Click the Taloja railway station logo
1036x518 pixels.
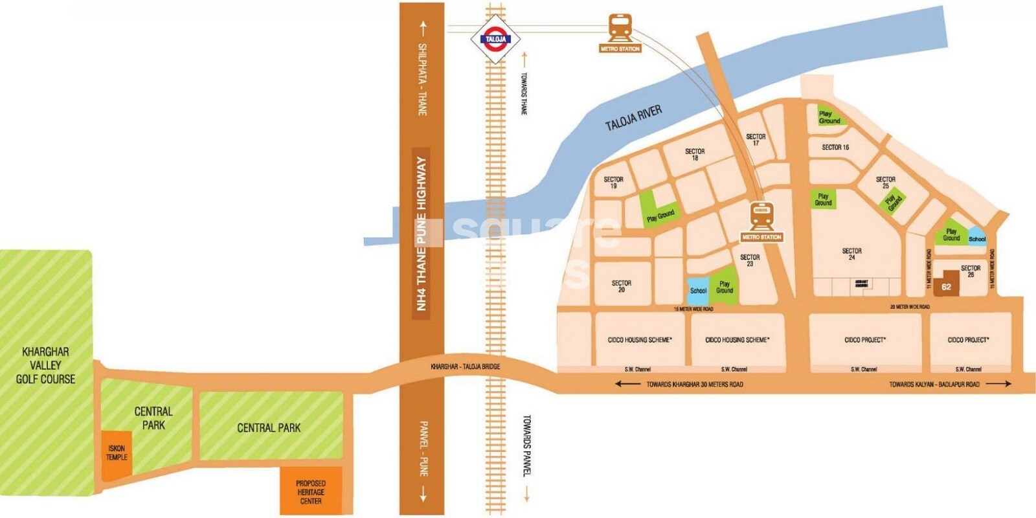(x=495, y=39)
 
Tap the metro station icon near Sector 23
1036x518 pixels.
(x=761, y=217)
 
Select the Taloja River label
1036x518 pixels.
(x=633, y=118)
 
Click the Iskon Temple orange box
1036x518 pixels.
(x=117, y=453)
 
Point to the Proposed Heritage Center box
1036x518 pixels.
(x=311, y=491)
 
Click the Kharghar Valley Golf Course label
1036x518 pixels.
(x=45, y=365)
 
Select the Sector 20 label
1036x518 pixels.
(x=621, y=286)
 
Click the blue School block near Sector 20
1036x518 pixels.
(x=697, y=291)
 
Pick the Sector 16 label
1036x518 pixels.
(x=835, y=148)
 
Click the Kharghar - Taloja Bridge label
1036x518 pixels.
(x=465, y=367)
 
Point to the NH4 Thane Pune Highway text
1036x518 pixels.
(x=422, y=233)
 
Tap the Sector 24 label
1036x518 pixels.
(x=851, y=254)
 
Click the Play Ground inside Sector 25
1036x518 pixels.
(x=894, y=202)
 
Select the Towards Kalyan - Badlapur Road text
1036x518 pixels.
(x=934, y=385)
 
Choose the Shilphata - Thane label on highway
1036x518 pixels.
(x=422, y=79)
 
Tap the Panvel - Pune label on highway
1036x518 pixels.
(x=423, y=448)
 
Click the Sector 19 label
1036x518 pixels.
(x=613, y=183)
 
